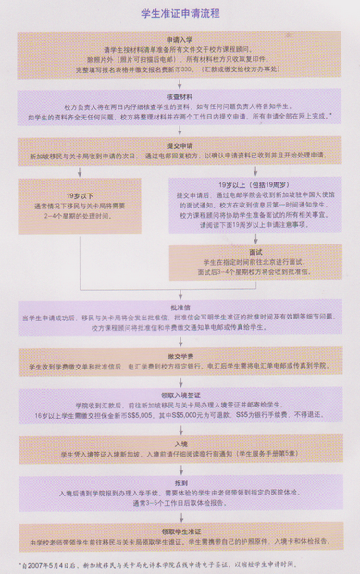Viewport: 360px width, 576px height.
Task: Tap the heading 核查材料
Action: pos(179,96)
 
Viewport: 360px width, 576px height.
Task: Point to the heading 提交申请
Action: pos(179,147)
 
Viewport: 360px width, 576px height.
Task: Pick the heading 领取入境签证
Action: pos(179,396)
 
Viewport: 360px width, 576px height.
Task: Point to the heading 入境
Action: pos(179,445)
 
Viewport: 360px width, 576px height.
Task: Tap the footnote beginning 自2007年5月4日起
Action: pos(180,563)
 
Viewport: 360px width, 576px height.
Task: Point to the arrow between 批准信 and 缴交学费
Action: pos(179,344)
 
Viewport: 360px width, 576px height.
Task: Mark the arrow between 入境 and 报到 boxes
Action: pos(179,472)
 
